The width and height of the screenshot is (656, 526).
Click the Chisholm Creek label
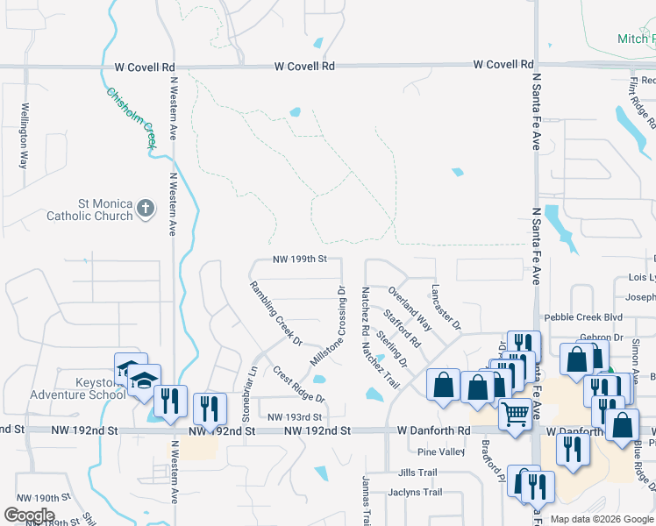pos(131,117)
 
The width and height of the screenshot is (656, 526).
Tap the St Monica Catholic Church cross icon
pos(146,209)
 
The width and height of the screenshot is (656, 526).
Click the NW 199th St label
pos(299,259)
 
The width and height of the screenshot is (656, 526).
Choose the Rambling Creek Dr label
pos(275,313)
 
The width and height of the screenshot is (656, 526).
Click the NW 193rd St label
pos(295,417)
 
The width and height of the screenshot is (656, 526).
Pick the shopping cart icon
pos(516,413)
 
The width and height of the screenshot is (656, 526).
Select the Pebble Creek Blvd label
pos(582,317)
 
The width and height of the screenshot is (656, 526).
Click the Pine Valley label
pos(441,452)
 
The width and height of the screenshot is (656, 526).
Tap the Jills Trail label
pos(417,473)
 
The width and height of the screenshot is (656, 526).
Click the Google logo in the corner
pos(29,515)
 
